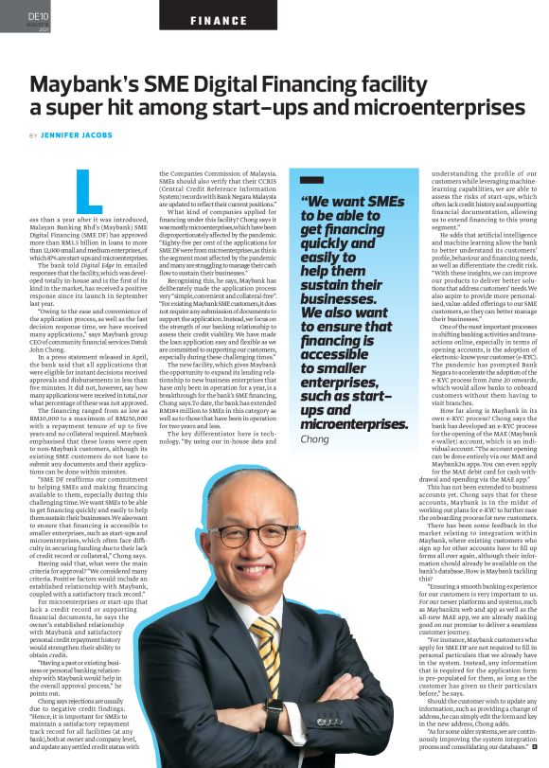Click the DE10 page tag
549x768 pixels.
pos(38,17)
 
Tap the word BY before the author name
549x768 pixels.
pos(34,135)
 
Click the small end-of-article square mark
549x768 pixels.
pos(533,759)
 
